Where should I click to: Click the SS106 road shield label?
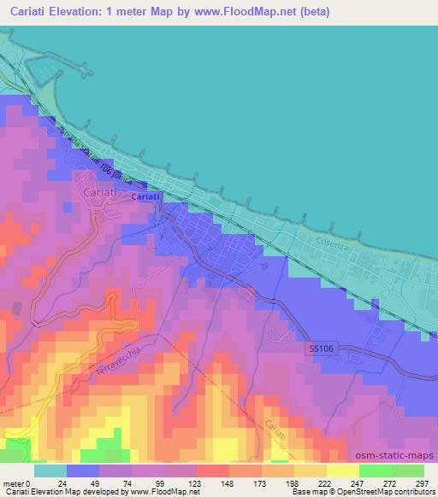coord(320,348)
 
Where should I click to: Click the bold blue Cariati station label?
coord(145,197)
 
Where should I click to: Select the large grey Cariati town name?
coord(105,192)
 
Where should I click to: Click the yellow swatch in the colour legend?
coord(342,471)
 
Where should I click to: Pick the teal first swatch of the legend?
coord(50,471)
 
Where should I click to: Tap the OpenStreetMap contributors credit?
coord(385,492)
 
